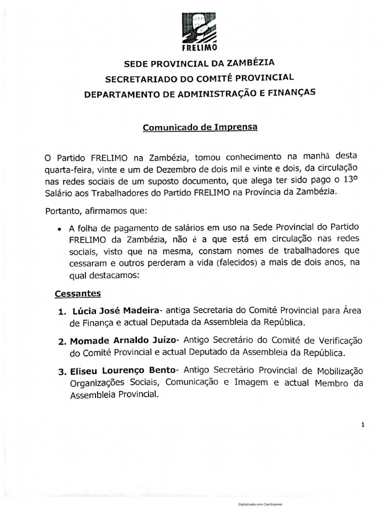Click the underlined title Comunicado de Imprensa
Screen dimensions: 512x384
(x=200, y=127)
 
